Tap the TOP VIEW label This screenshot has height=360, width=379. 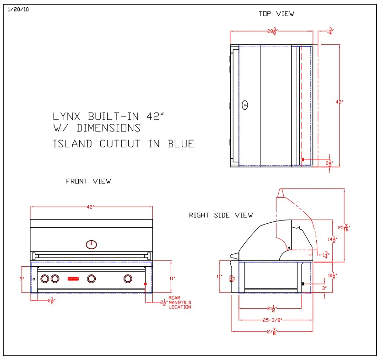pyautogui.click(x=276, y=14)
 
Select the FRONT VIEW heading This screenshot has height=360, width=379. pyautogui.click(x=88, y=181)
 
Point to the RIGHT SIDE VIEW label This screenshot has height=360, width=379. pyautogui.click(x=221, y=215)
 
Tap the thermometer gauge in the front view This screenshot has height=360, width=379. pyautogui.click(x=92, y=244)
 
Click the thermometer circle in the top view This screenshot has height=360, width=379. pyautogui.click(x=245, y=105)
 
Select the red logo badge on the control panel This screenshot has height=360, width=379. pyautogui.click(x=73, y=278)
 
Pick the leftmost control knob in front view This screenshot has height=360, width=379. pyautogui.click(x=45, y=278)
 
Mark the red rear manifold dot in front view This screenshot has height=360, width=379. pyautogui.click(x=146, y=284)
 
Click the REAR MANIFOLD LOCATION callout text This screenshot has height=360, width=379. pyautogui.click(x=179, y=302)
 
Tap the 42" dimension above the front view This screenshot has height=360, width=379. pyautogui.click(x=92, y=207)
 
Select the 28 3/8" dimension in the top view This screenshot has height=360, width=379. pyautogui.click(x=272, y=31)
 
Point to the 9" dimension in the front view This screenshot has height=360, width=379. pyautogui.click(x=21, y=278)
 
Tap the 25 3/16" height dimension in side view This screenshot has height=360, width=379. pyautogui.click(x=347, y=227)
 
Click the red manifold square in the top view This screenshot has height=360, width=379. pyautogui.click(x=303, y=159)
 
